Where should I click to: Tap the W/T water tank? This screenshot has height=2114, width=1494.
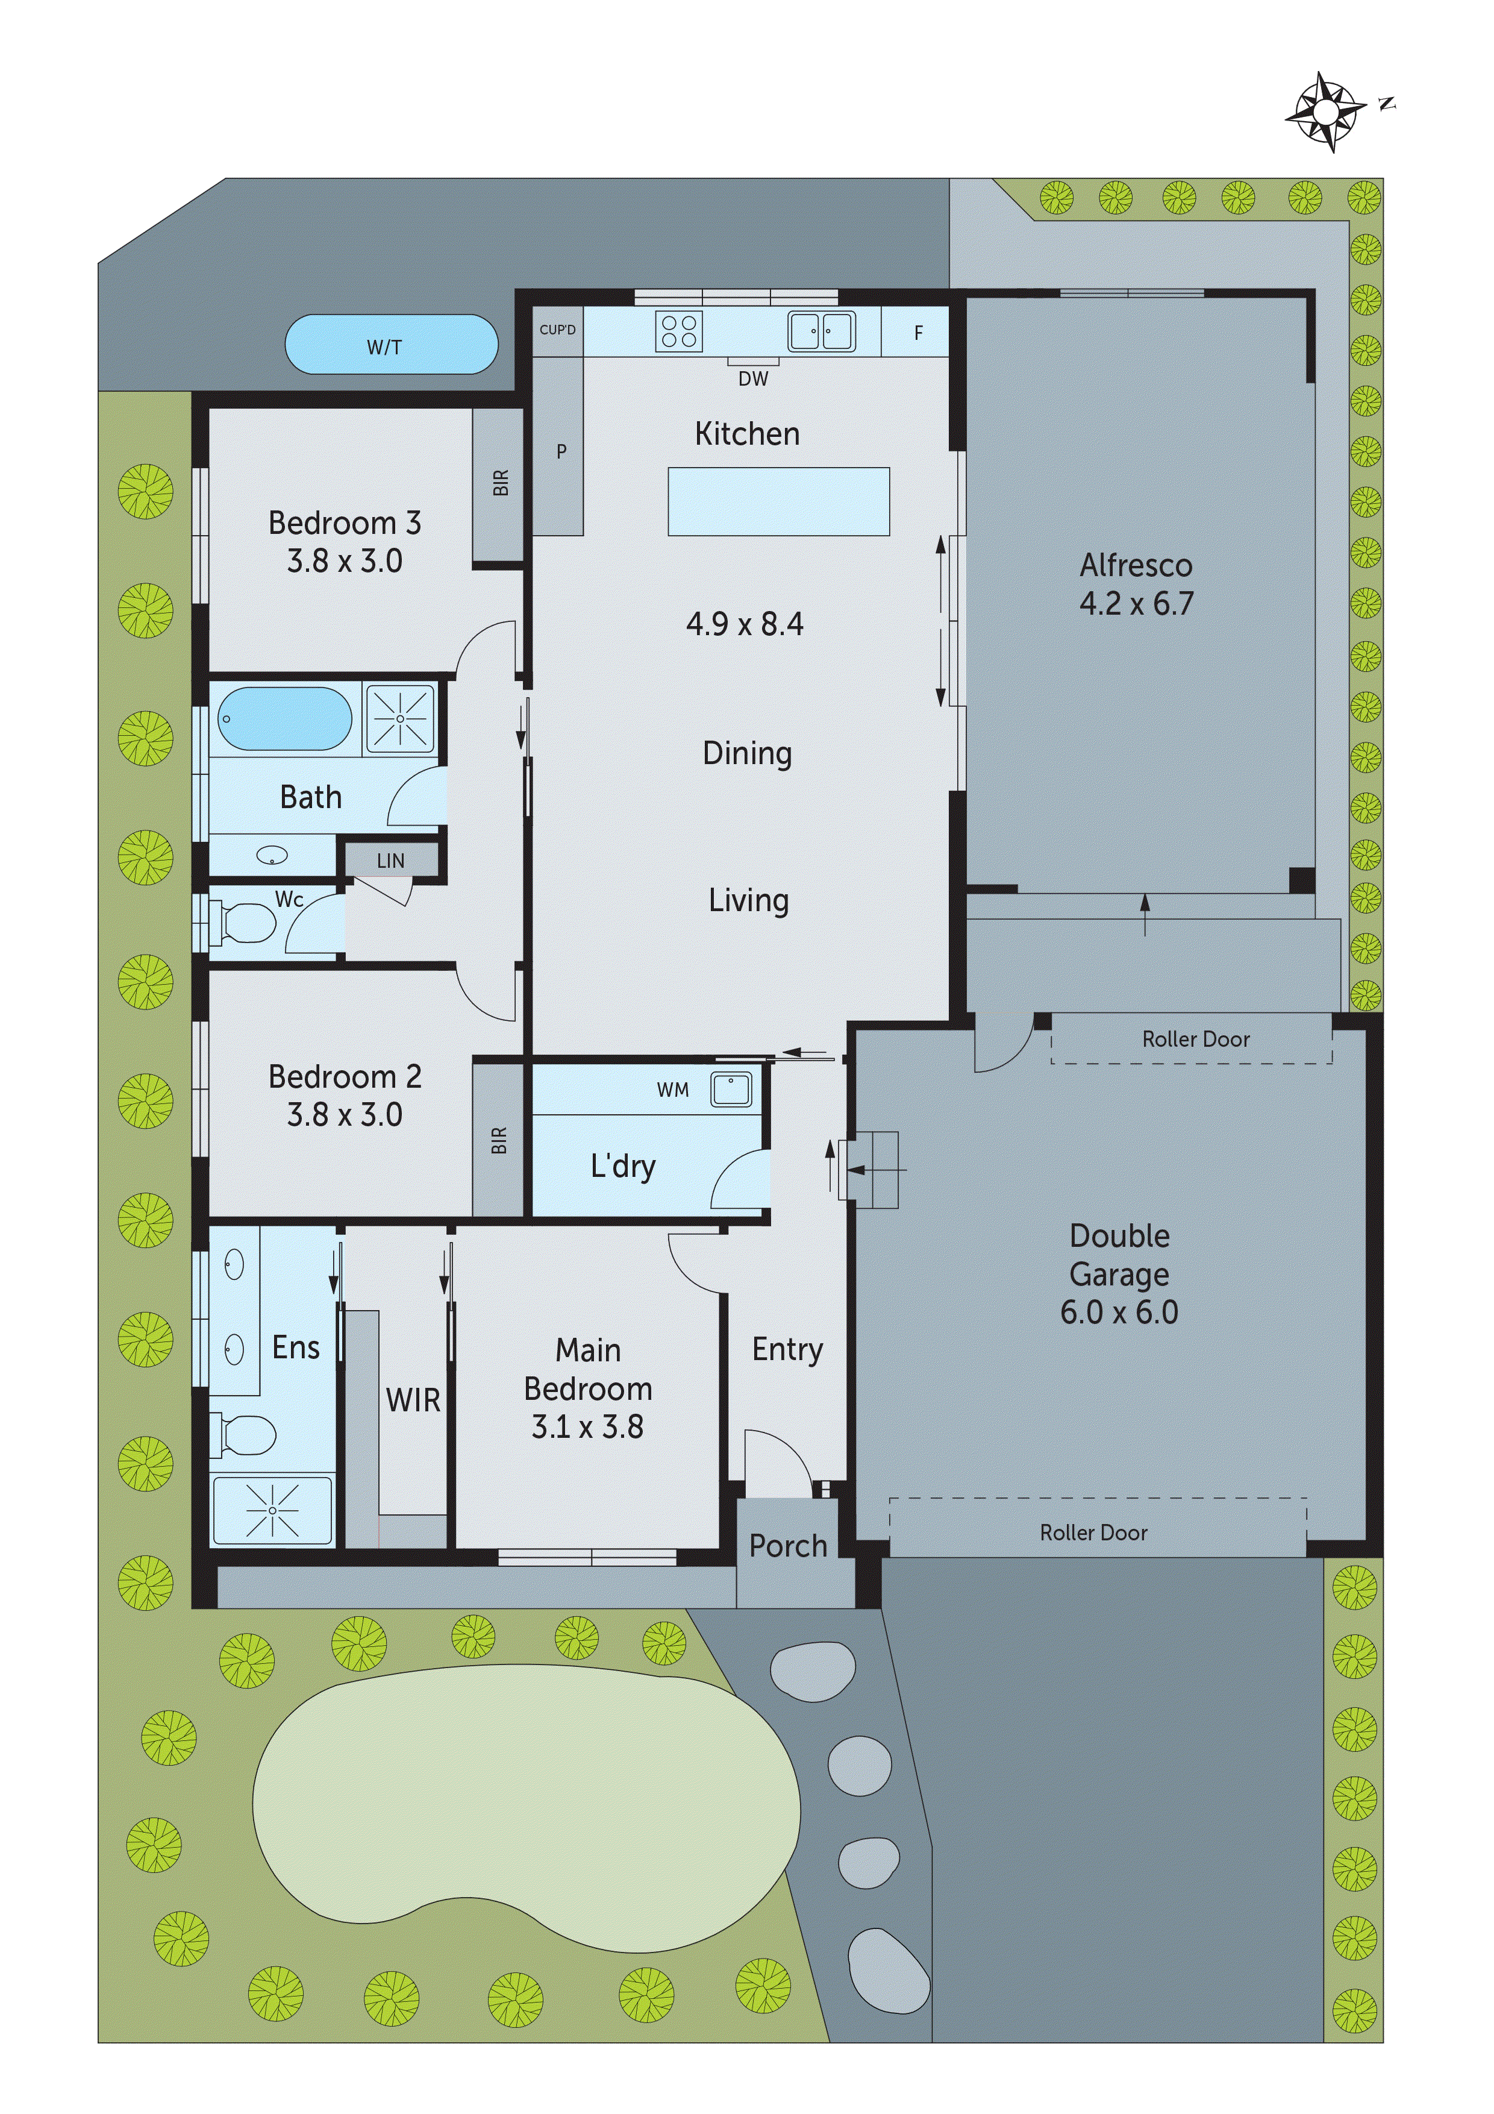click(391, 345)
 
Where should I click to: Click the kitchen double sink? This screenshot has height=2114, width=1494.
click(821, 331)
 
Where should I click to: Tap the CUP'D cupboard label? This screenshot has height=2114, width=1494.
click(557, 330)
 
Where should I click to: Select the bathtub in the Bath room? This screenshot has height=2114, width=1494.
click(284, 719)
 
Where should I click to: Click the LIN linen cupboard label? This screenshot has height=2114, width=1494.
click(390, 861)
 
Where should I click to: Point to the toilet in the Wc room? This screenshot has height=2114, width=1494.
click(242, 923)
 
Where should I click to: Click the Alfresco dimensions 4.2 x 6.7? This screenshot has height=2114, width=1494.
click(1136, 604)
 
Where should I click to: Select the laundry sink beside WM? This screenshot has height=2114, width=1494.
click(731, 1089)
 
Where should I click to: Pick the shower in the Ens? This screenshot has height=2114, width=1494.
click(272, 1510)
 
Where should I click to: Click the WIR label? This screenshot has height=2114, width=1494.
click(413, 1399)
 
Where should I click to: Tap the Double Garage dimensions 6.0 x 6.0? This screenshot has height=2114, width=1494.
click(1119, 1312)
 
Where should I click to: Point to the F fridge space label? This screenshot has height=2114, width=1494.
click(917, 333)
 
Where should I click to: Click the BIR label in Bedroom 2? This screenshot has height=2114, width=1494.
click(499, 1140)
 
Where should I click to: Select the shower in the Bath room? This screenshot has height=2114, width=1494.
click(401, 718)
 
